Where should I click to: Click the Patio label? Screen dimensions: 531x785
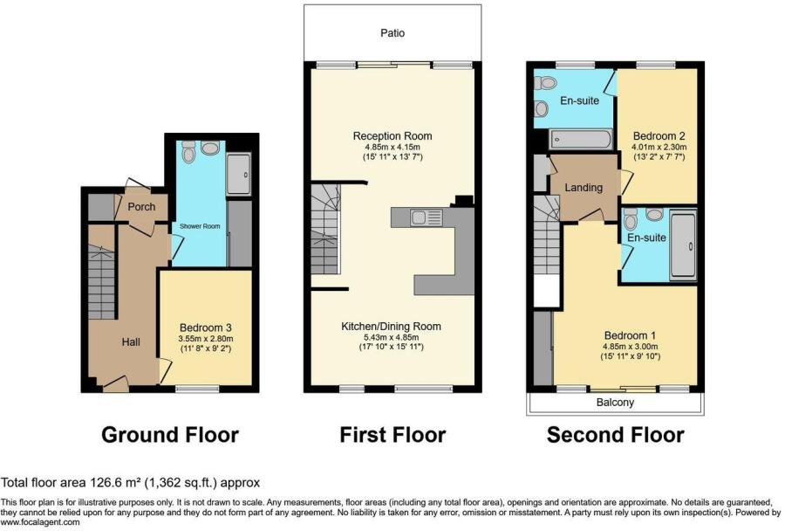click(392, 33)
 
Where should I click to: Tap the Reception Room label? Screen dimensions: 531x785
click(392, 136)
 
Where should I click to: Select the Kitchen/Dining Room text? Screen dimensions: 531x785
click(391, 326)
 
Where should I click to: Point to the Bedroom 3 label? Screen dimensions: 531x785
click(205, 328)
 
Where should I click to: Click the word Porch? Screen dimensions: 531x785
click(141, 207)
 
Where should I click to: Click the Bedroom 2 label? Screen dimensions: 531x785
click(657, 136)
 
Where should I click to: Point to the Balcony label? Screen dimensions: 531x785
click(615, 403)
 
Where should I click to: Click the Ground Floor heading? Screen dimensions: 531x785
click(170, 434)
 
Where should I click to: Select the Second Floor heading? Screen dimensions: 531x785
click(615, 434)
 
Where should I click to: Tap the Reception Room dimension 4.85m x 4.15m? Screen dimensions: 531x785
click(392, 148)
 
